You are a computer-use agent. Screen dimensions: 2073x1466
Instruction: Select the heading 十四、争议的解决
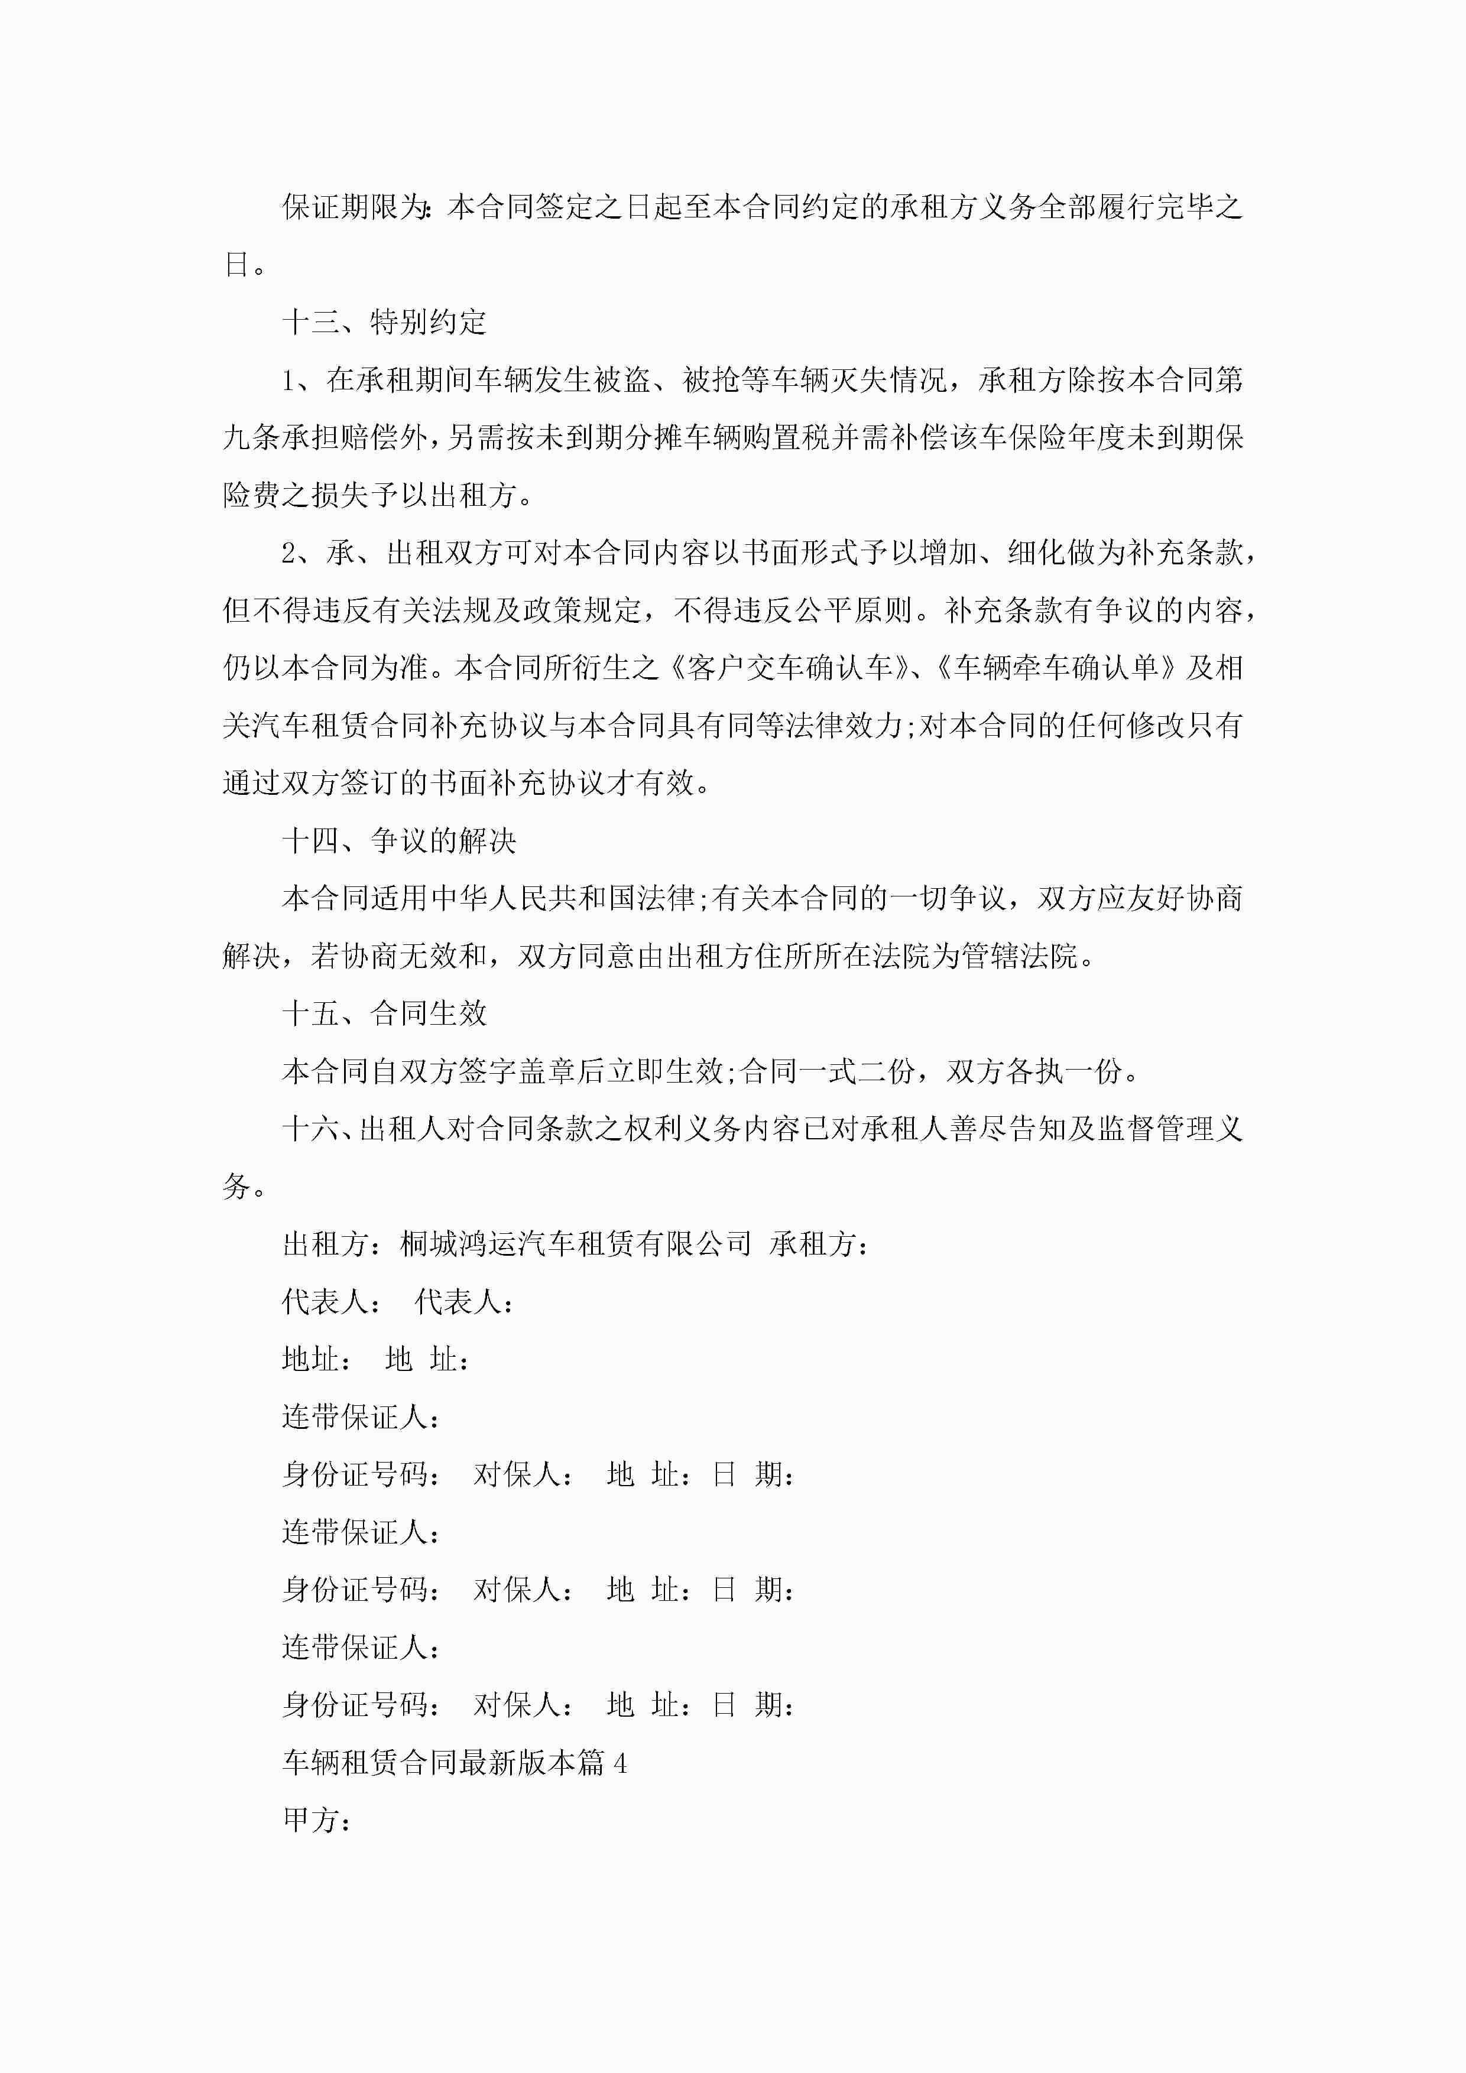[398, 841]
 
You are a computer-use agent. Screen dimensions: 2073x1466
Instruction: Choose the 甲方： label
[317, 1820]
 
